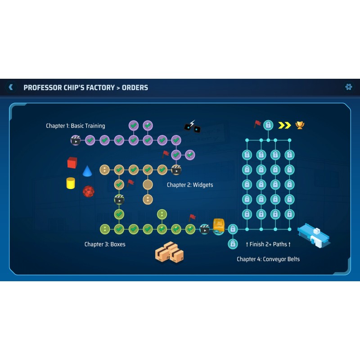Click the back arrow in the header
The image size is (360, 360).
coord(11,87)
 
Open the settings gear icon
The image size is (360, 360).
coord(348,87)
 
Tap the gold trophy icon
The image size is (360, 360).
coord(300,125)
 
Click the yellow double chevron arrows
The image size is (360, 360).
coord(284,125)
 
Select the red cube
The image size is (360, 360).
coord(72,162)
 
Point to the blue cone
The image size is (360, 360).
coord(87,171)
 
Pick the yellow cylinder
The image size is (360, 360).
coord(71,183)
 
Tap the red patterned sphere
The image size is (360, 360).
coord(89,192)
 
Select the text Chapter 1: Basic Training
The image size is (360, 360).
coord(76,126)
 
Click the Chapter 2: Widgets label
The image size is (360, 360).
coord(190,185)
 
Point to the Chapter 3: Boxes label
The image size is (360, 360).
coord(105,244)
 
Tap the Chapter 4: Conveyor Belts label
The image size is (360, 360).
coord(268,259)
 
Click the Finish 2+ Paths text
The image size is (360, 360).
coord(268,244)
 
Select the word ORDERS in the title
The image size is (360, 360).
coord(135,87)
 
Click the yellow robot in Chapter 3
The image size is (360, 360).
coord(219,226)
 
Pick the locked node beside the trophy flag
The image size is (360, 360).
coord(268,125)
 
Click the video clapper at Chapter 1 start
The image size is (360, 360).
coord(76,140)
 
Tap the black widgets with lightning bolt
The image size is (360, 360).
coord(192,127)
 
